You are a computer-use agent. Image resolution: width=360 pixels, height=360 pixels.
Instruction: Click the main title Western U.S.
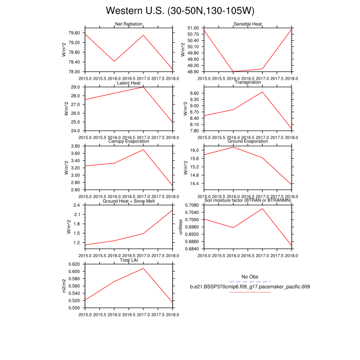point(179,11)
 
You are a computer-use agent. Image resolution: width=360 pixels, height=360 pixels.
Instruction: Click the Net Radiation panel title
point(129,24)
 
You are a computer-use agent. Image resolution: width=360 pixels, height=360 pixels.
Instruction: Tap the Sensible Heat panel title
point(248,24)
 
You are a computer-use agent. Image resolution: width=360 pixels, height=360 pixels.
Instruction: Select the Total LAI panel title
point(129,260)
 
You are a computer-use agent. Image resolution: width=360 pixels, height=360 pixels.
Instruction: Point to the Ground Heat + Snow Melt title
point(129,201)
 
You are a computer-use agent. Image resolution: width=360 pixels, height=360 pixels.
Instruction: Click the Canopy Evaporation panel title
point(129,142)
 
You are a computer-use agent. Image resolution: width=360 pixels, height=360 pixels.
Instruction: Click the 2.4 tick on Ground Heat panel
point(78,205)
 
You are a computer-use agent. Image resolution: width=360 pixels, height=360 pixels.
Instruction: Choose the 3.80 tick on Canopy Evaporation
point(76,146)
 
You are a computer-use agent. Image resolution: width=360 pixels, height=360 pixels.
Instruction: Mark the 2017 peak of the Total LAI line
point(143,268)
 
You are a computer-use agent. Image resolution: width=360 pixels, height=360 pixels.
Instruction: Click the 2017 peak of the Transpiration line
point(263,92)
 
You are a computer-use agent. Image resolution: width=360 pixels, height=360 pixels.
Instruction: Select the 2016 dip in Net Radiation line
point(114,61)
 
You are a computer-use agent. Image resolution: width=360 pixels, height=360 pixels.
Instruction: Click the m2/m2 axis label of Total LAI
point(64,286)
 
